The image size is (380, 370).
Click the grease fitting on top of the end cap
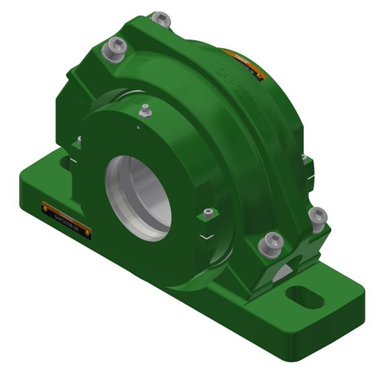pyautogui.click(x=145, y=112)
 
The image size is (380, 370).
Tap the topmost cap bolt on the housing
pyautogui.click(x=161, y=20)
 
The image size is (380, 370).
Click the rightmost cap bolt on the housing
pyautogui.click(x=317, y=217)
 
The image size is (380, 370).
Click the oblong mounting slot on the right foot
pyautogui.click(x=305, y=296)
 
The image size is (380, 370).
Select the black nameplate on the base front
pyautogui.click(x=66, y=218)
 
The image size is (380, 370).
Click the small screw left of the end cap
pyautogui.click(x=79, y=141)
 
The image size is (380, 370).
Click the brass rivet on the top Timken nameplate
pyautogui.click(x=260, y=77)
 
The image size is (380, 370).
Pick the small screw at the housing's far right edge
pyautogui.click(x=304, y=159)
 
